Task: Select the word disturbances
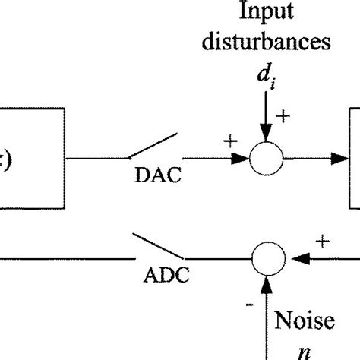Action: coord(267,41)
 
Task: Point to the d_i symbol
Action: coord(266,76)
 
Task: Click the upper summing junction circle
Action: coord(267,159)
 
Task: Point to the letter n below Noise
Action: coord(309,350)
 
